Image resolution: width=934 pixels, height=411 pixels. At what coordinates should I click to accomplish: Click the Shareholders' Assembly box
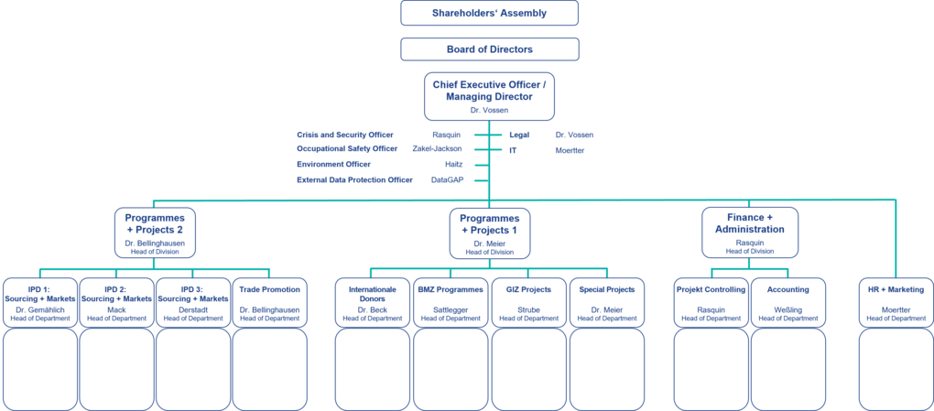point(489,14)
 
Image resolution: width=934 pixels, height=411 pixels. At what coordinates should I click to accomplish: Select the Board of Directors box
point(489,49)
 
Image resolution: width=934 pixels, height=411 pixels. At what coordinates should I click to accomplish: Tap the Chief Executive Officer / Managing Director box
point(489,95)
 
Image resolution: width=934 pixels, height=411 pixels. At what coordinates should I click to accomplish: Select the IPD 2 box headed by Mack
point(116,301)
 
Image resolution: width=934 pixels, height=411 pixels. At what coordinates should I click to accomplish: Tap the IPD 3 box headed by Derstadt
point(192,301)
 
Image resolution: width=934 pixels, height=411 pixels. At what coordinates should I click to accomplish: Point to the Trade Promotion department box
point(269,301)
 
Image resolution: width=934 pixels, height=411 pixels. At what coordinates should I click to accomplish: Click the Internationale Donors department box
point(372,301)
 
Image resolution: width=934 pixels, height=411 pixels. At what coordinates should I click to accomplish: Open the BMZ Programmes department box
point(450,301)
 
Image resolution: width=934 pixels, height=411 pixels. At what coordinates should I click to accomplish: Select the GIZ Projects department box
point(528,301)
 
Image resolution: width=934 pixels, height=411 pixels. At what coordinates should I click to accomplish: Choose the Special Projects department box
point(607,301)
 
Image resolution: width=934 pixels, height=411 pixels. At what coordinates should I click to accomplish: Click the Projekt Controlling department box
point(711,301)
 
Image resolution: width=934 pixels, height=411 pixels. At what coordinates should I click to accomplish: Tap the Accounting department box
point(787,301)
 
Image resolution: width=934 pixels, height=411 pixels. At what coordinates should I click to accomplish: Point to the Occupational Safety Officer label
point(347,148)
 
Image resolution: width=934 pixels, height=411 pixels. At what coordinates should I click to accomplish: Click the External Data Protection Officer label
point(354,180)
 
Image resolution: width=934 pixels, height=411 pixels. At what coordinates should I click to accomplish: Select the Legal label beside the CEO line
point(519,134)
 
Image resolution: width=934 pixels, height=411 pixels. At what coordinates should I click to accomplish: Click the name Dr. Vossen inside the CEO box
point(488,110)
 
